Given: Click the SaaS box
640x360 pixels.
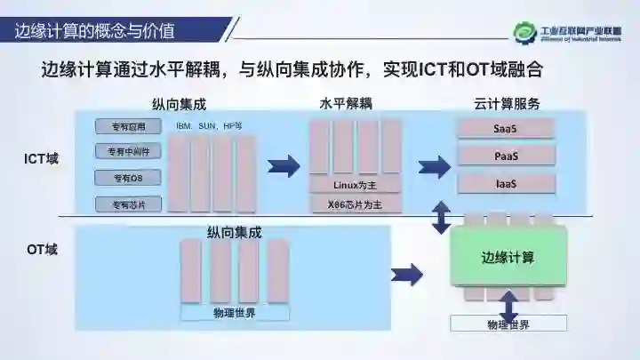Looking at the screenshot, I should click(x=506, y=128).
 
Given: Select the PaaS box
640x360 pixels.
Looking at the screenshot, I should click(x=506, y=156).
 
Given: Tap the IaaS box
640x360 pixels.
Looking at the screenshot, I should click(x=506, y=183).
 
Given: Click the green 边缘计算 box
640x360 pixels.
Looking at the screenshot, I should click(x=508, y=257).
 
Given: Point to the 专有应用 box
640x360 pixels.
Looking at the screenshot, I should click(x=128, y=126).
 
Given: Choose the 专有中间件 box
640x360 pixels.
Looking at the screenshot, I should click(x=128, y=152).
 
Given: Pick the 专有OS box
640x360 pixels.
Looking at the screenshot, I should click(x=128, y=178).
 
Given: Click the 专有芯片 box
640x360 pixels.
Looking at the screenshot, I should click(x=128, y=204).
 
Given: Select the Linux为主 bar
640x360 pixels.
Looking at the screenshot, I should click(x=356, y=186).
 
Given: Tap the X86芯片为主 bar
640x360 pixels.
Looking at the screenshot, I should click(x=356, y=204).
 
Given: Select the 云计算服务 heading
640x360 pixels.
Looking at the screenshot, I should click(x=508, y=103).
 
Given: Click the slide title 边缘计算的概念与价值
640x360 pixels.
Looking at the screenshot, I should click(x=95, y=31).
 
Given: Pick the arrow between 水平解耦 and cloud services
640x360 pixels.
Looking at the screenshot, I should click(x=434, y=166).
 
